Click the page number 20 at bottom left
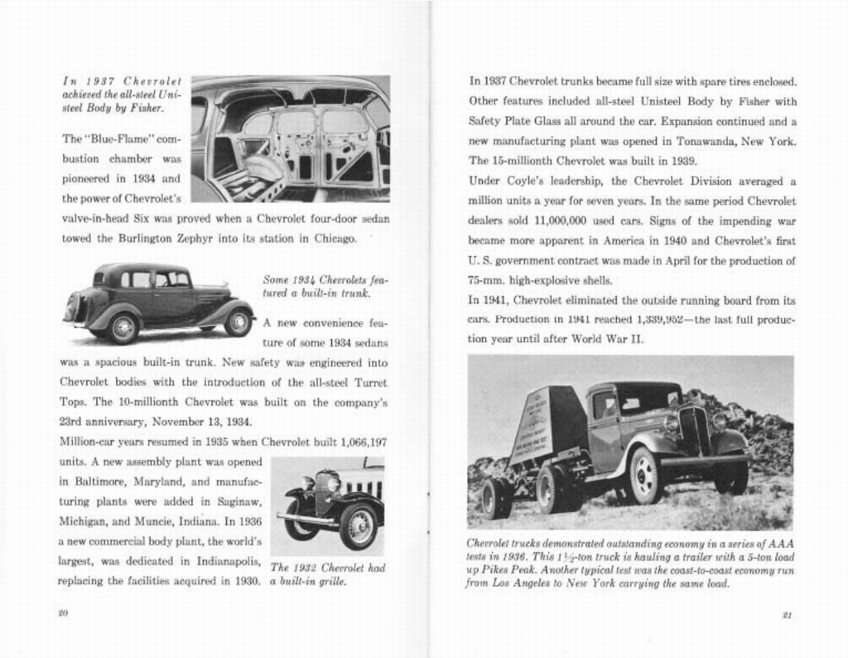point(62,613)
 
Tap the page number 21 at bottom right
point(787,615)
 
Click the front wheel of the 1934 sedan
point(238,322)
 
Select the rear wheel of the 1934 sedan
point(123,328)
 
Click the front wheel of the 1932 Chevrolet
point(358,526)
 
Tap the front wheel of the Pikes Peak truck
point(644,476)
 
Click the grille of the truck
point(693,430)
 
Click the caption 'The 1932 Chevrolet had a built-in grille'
point(326,574)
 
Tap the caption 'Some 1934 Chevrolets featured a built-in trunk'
point(325,286)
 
